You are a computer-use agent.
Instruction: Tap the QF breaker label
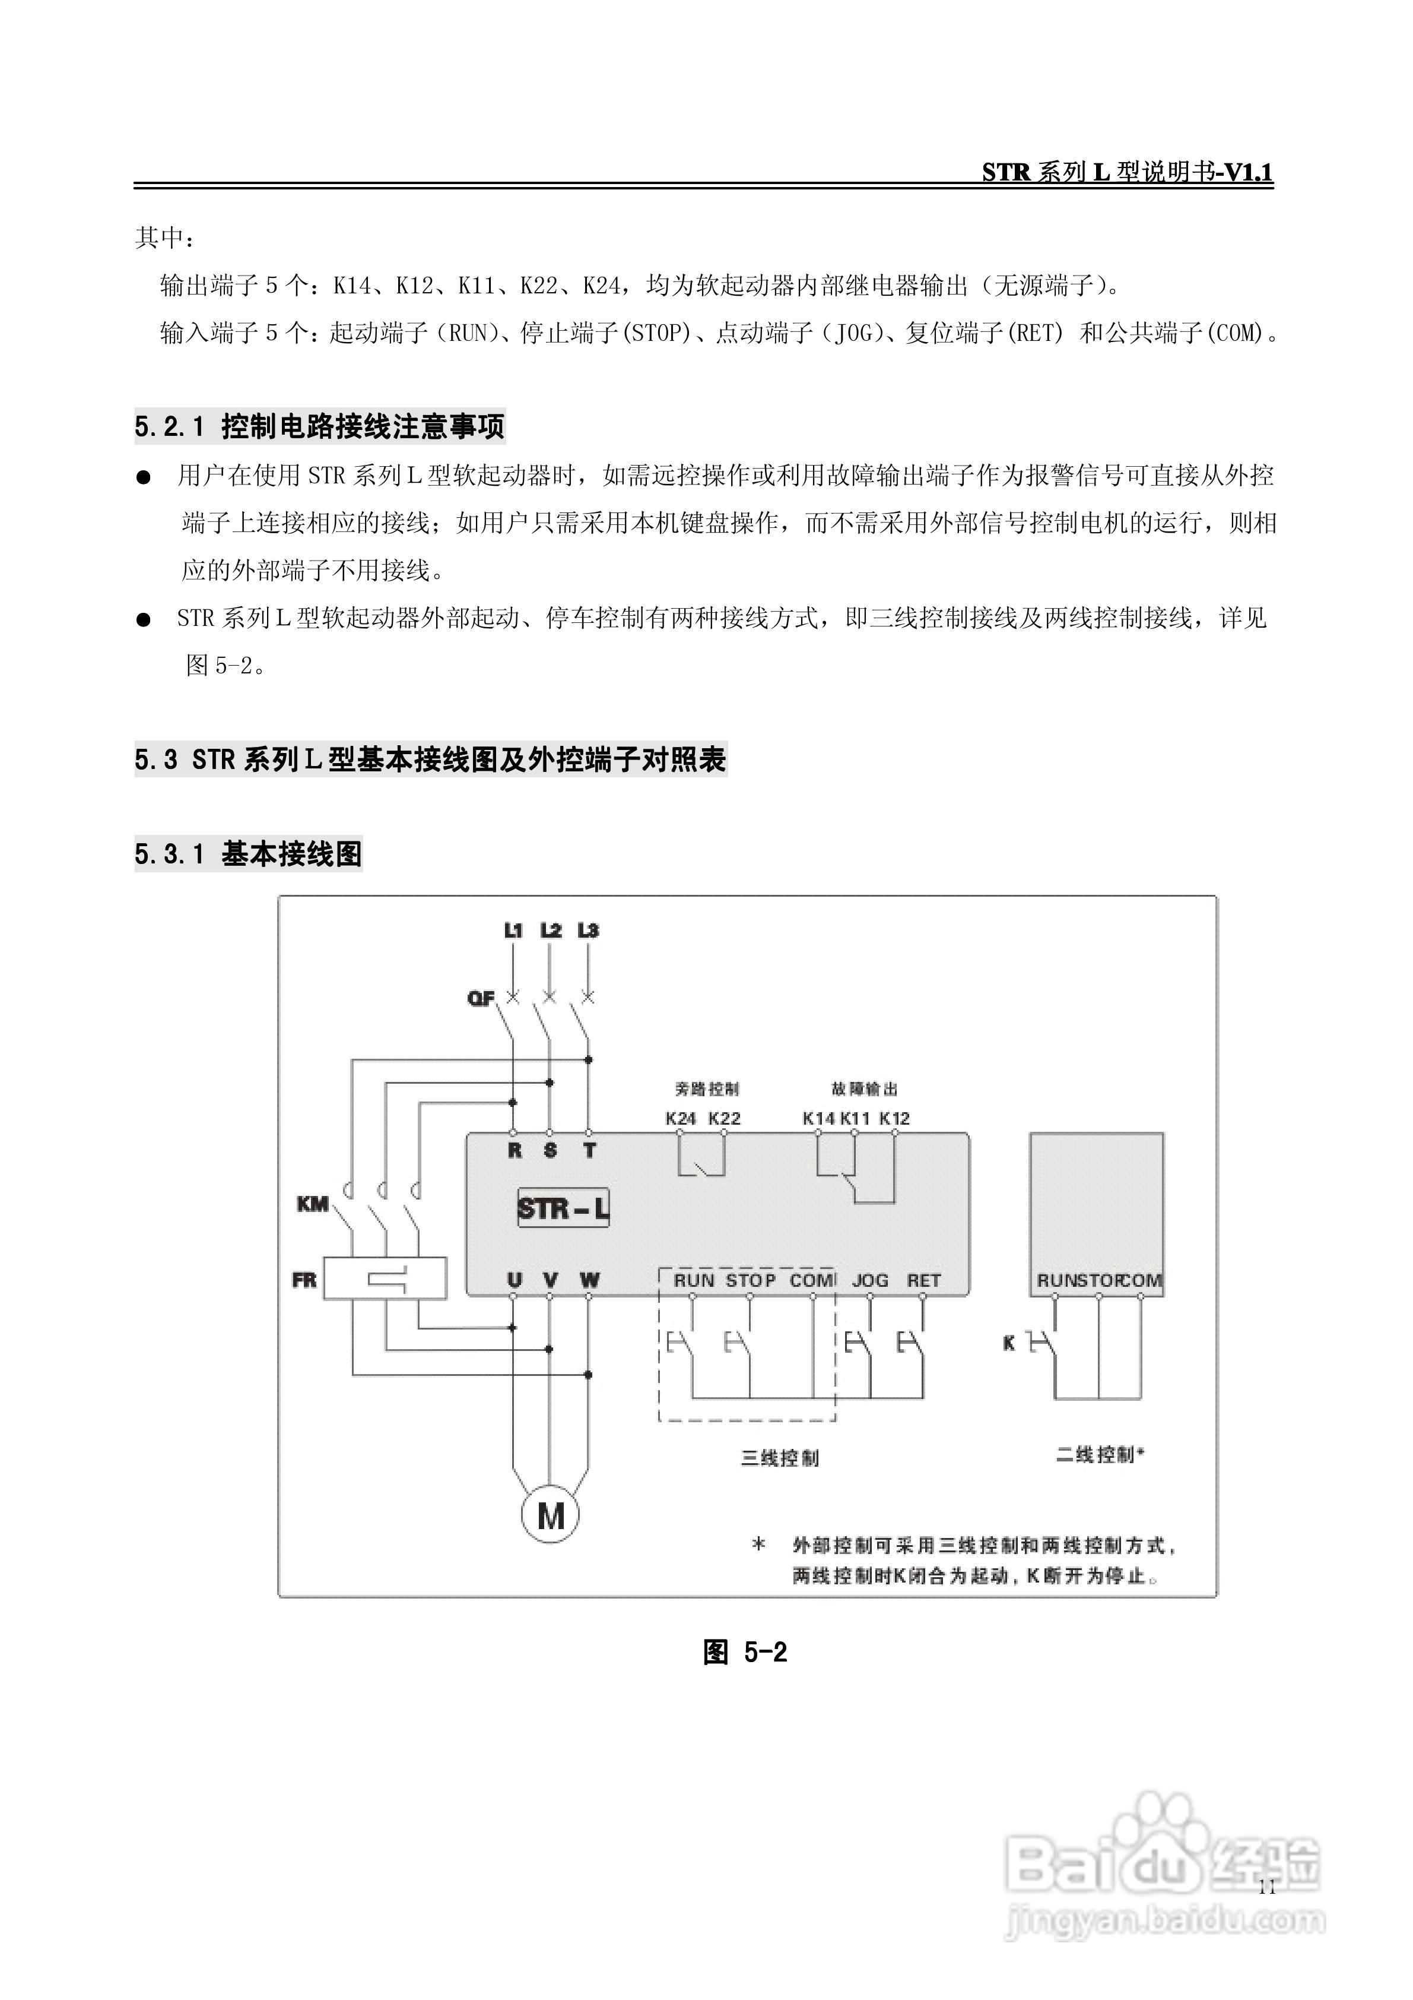pyautogui.click(x=481, y=998)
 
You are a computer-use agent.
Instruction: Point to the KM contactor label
pyautogui.click(x=313, y=1204)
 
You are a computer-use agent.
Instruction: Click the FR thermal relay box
pyautogui.click(x=385, y=1279)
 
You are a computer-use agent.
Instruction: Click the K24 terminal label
pyautogui.click(x=680, y=1118)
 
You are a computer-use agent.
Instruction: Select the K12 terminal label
pyautogui.click(x=894, y=1118)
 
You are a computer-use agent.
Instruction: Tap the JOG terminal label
pyautogui.click(x=870, y=1280)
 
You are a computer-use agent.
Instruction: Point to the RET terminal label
pyautogui.click(x=924, y=1280)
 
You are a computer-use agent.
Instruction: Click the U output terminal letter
pyautogui.click(x=515, y=1280)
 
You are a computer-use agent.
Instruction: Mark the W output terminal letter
pyautogui.click(x=589, y=1280)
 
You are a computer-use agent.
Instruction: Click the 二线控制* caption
pyautogui.click(x=1100, y=1454)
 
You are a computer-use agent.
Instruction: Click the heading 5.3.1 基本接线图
pyautogui.click(x=248, y=854)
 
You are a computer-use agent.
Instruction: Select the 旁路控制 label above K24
pyautogui.click(x=706, y=1089)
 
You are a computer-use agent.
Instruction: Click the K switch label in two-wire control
pyautogui.click(x=1009, y=1343)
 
